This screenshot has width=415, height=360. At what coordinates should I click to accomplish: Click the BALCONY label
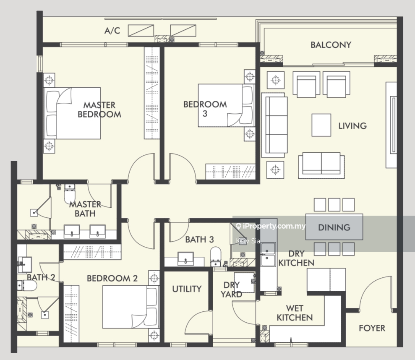click(x=331, y=45)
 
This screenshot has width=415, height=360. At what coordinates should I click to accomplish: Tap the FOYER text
click(x=372, y=328)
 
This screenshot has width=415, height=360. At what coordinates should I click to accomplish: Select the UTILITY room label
click(x=187, y=289)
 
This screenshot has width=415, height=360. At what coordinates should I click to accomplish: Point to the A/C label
click(x=112, y=31)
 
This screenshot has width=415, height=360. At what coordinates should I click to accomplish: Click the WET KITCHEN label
click(x=295, y=313)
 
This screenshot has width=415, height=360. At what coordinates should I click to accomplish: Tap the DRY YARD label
click(x=232, y=290)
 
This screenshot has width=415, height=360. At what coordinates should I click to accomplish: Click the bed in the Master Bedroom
click(x=72, y=113)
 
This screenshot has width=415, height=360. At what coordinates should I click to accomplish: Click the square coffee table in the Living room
click(x=321, y=125)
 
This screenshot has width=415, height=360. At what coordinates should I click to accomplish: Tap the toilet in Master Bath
click(x=70, y=193)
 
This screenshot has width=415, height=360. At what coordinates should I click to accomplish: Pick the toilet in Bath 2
click(x=27, y=286)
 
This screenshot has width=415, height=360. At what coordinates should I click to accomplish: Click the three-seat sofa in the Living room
click(x=274, y=125)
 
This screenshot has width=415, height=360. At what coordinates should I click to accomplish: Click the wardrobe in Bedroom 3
click(x=230, y=172)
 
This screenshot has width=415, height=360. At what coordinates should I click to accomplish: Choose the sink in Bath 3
click(x=185, y=258)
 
